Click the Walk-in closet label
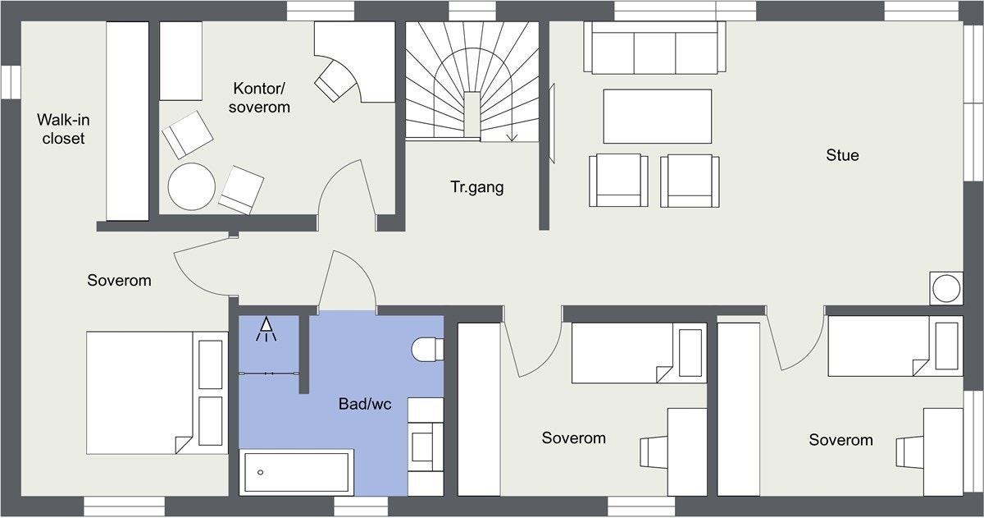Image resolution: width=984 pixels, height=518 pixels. point(63,129)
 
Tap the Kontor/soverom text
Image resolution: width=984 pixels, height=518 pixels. point(261,97)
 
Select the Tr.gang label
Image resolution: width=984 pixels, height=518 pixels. point(476,187)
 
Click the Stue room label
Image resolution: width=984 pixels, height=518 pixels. point(842,154)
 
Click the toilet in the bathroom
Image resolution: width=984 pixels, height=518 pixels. point(426,350)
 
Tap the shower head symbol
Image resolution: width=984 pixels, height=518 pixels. point(266,330)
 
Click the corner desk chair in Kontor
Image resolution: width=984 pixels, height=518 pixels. point(336,79)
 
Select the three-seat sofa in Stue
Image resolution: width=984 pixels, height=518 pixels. point(654,48)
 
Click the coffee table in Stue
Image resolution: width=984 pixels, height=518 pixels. point(657,116)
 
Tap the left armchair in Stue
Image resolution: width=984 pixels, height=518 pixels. point(618,180)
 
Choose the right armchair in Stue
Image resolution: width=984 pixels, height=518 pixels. point(690,180)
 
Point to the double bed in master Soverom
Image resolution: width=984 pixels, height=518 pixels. point(156,392)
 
